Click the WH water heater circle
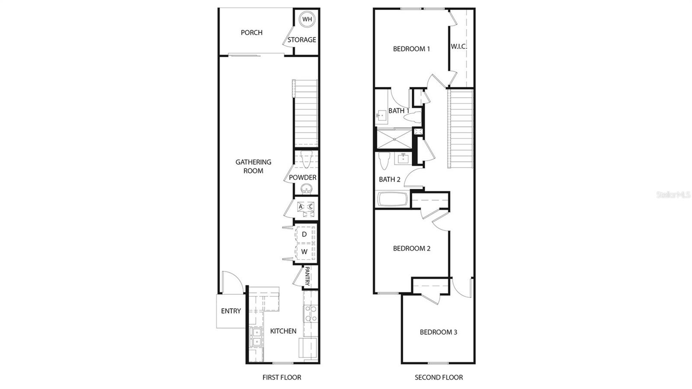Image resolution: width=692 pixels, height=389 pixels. (x=307, y=19)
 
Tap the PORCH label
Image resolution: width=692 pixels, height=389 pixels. (x=251, y=32)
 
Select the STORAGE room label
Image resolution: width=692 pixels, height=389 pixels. (x=302, y=40)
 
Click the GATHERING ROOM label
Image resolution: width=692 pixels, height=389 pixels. (x=253, y=166)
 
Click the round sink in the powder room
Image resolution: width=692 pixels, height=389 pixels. (x=307, y=189)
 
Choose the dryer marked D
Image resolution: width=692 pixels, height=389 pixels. (x=304, y=235)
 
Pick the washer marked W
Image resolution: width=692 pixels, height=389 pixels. (x=304, y=252)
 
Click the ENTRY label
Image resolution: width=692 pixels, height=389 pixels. (x=231, y=311)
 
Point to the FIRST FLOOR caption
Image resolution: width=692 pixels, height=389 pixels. (x=282, y=377)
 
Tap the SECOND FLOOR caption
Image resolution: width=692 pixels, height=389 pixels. (x=439, y=377)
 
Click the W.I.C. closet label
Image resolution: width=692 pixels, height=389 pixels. (x=459, y=46)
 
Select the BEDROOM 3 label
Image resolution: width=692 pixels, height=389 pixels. (x=438, y=332)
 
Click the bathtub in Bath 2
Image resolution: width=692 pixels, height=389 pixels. (x=392, y=199)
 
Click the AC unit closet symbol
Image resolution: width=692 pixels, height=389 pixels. (x=305, y=207)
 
